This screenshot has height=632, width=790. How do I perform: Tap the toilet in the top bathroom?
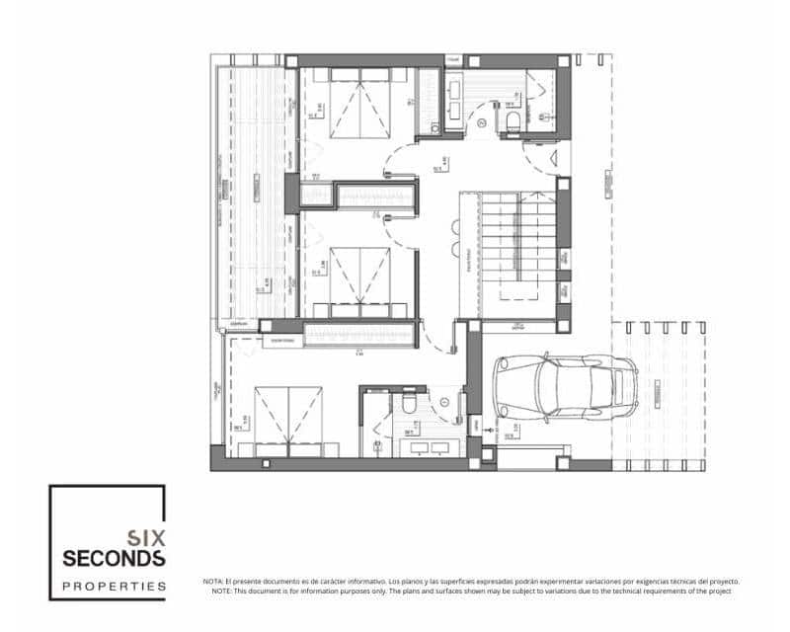tap(512, 120)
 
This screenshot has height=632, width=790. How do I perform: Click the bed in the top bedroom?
tap(359, 103)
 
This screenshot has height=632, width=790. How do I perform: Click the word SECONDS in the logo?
tap(114, 559)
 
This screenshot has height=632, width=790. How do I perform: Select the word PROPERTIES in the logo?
tap(114, 586)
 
